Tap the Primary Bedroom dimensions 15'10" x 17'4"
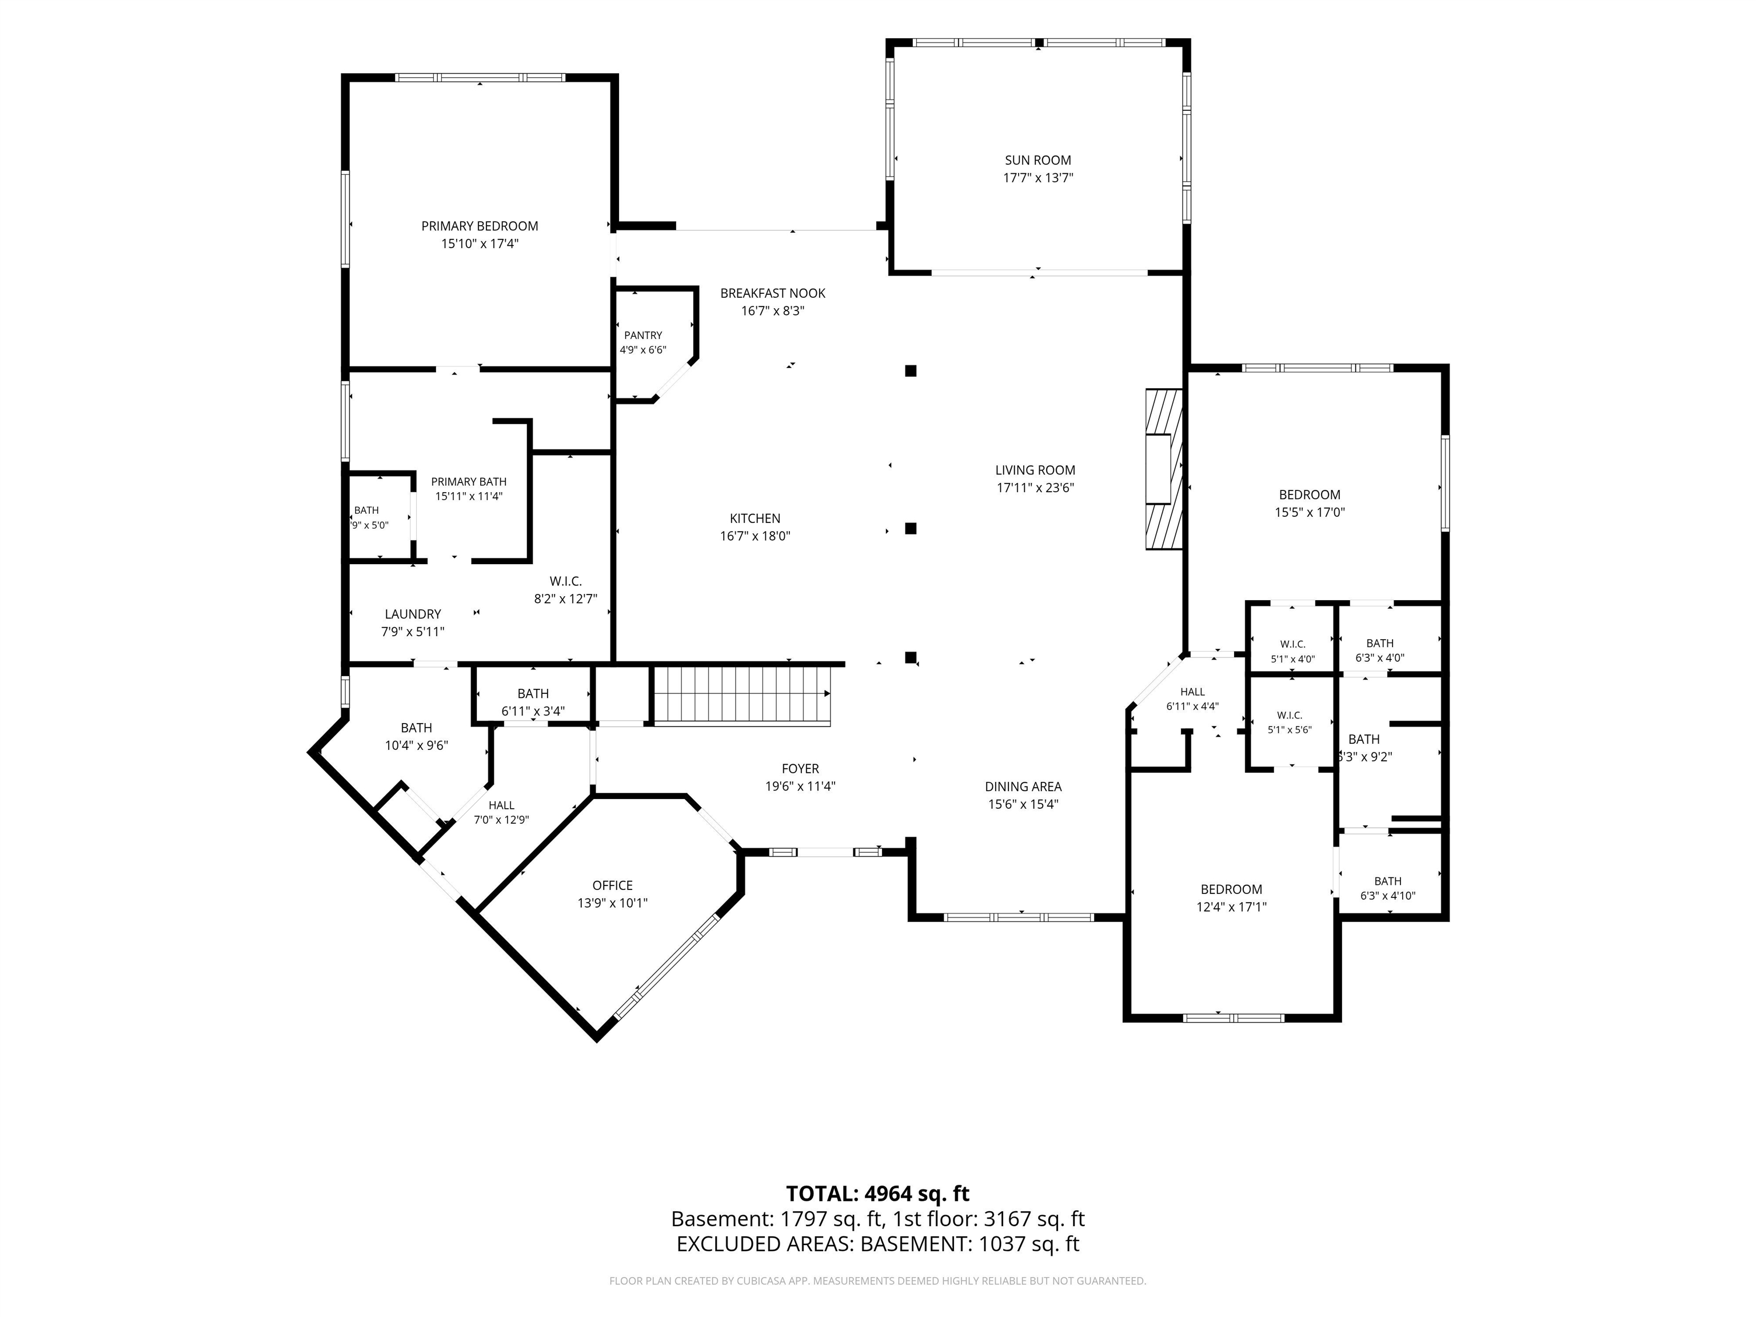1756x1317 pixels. [480, 244]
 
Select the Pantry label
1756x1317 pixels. [643, 335]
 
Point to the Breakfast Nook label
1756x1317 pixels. [772, 293]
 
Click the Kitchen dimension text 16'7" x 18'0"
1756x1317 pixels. [755, 536]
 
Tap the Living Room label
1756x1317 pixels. [1035, 470]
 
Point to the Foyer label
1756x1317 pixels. [800, 768]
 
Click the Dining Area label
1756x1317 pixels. [1023, 787]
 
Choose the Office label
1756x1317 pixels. [612, 885]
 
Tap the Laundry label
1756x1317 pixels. [413, 614]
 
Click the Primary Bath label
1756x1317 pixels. [468, 482]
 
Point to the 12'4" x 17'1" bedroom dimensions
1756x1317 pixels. [1231, 907]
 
